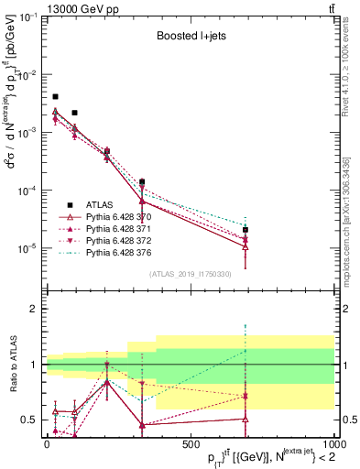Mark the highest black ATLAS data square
click(x=55, y=96)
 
